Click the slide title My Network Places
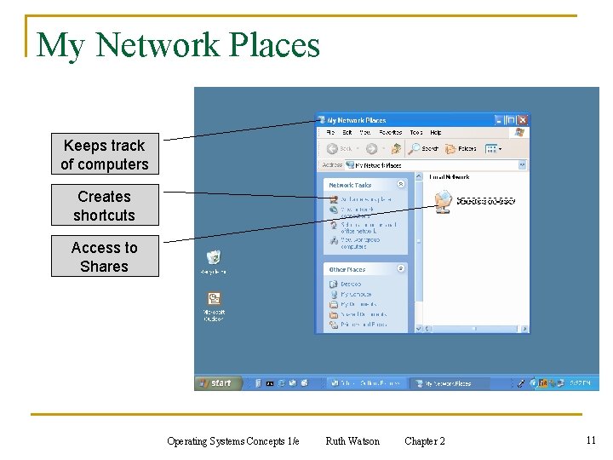coord(178,44)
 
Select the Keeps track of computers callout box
coord(105,155)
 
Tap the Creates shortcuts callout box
coord(105,206)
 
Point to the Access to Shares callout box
coord(105,257)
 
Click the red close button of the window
coord(523,120)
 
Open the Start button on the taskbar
coord(216,383)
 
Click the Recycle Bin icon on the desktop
coord(214,257)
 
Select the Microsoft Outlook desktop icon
coord(214,300)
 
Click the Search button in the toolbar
coord(424,148)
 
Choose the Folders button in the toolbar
coord(461,148)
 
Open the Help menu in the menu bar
coord(436,133)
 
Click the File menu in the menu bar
coord(329,133)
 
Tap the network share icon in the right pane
coord(443,203)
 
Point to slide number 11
coord(591,440)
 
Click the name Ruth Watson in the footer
coord(352,441)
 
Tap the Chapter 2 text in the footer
coord(425,441)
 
